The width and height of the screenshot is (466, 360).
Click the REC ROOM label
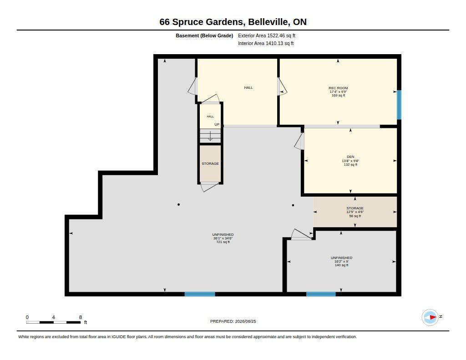click(x=338, y=88)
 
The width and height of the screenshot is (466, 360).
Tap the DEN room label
click(x=350, y=157)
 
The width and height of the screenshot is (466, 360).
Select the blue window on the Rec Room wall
click(x=399, y=105)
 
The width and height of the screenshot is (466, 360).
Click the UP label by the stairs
click(x=217, y=125)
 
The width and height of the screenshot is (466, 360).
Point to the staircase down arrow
click(x=210, y=136)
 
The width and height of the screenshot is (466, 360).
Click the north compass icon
click(x=430, y=317)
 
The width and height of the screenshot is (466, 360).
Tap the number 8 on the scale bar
click(x=81, y=317)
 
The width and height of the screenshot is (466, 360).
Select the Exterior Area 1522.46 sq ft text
click(x=267, y=35)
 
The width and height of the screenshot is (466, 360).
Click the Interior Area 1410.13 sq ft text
click(x=266, y=43)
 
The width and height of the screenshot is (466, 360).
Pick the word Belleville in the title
click(x=268, y=22)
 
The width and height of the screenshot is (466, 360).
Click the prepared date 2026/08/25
click(x=245, y=321)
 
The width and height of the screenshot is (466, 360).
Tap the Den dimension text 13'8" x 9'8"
click(x=350, y=161)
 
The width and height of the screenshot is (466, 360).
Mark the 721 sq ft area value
click(x=223, y=242)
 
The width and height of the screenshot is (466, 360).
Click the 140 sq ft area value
click(x=341, y=265)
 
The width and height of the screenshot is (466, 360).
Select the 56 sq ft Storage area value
click(x=355, y=216)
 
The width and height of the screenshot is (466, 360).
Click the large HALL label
click(x=248, y=88)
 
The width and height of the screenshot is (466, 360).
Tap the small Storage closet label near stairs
click(x=210, y=164)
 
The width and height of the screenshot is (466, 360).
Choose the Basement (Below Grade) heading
click(x=204, y=35)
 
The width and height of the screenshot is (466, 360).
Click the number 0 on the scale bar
click(x=27, y=317)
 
